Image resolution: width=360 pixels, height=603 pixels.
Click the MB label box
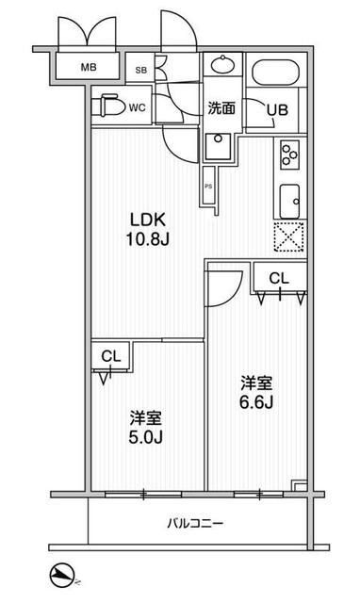pos(88,67)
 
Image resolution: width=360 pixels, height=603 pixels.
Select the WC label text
pos(137,106)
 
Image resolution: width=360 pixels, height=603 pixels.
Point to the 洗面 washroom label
pos(221,107)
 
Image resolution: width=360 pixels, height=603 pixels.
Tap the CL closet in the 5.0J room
pos(110,357)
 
